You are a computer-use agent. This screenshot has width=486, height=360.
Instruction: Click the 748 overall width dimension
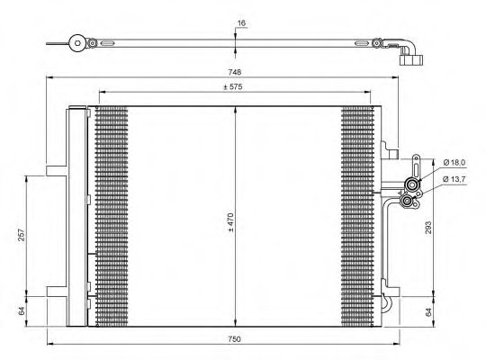[x=234, y=71]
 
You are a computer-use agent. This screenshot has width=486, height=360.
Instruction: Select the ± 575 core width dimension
[x=235, y=86]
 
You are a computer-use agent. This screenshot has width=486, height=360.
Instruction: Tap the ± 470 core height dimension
[x=230, y=221]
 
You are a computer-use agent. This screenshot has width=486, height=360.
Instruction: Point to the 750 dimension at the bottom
[x=234, y=339]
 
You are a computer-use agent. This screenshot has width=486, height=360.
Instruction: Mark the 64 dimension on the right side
[x=430, y=311]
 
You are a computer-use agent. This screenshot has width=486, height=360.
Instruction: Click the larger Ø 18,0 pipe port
[x=413, y=185]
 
